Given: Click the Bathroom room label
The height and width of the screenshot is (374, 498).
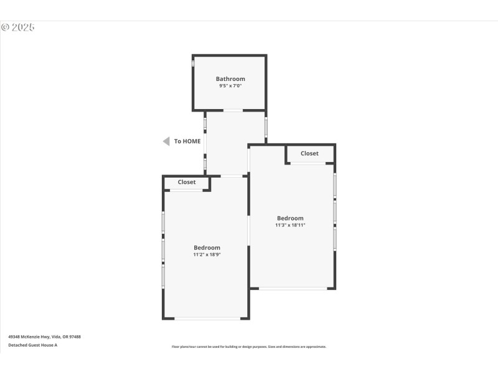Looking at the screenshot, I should (x=230, y=79).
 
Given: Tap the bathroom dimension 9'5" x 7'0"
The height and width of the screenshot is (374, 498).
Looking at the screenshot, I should (x=230, y=86).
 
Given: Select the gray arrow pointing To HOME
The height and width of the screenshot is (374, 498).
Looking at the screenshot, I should (x=166, y=141).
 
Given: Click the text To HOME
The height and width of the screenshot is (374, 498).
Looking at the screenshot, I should (x=187, y=141).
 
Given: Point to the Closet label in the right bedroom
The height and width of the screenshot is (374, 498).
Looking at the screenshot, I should (x=309, y=153).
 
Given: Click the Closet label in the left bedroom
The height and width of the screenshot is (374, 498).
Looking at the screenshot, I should (x=187, y=182).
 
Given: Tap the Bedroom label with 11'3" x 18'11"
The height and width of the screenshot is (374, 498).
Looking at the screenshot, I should (x=290, y=218).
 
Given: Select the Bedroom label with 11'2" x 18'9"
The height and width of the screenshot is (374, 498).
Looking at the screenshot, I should (x=207, y=247).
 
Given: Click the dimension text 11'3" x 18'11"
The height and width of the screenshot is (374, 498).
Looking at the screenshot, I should (x=291, y=225).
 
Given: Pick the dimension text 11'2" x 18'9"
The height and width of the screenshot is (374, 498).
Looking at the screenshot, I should (x=207, y=254).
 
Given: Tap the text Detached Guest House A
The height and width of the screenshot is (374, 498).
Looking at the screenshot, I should (x=32, y=345).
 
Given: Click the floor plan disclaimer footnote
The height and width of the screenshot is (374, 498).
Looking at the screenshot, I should (x=249, y=347).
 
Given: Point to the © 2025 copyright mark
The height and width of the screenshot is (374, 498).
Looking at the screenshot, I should (x=17, y=27).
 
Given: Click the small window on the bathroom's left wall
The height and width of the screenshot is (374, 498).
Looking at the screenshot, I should (x=193, y=63).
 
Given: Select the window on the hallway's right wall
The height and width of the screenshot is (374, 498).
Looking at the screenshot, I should (x=266, y=127).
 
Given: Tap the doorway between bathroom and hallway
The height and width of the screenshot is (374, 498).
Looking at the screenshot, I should (x=233, y=110).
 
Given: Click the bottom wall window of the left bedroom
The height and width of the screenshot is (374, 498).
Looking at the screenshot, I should (x=207, y=319).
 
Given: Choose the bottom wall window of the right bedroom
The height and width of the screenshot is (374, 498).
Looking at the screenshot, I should (x=293, y=288).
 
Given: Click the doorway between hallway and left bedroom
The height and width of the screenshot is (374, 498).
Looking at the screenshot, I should (x=232, y=176).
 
